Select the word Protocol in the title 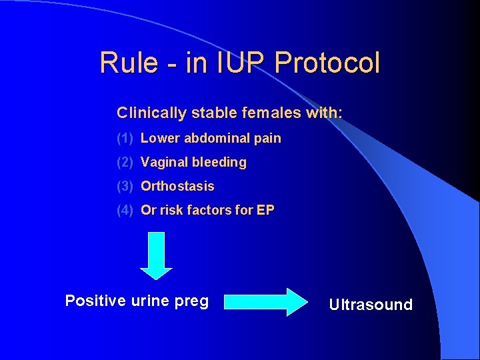pyautogui.click(x=327, y=63)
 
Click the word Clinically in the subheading pyautogui.click(x=152, y=113)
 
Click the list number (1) pyautogui.click(x=125, y=139)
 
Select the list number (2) pyautogui.click(x=125, y=162)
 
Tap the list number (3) pyautogui.click(x=125, y=186)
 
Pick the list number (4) pyautogui.click(x=125, y=210)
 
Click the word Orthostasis pyautogui.click(x=177, y=186)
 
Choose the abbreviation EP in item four pyautogui.click(x=265, y=210)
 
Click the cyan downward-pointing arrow pyautogui.click(x=156, y=255)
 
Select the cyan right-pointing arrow pyautogui.click(x=263, y=302)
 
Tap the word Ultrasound pyautogui.click(x=371, y=305)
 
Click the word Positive pyautogui.click(x=95, y=301)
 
